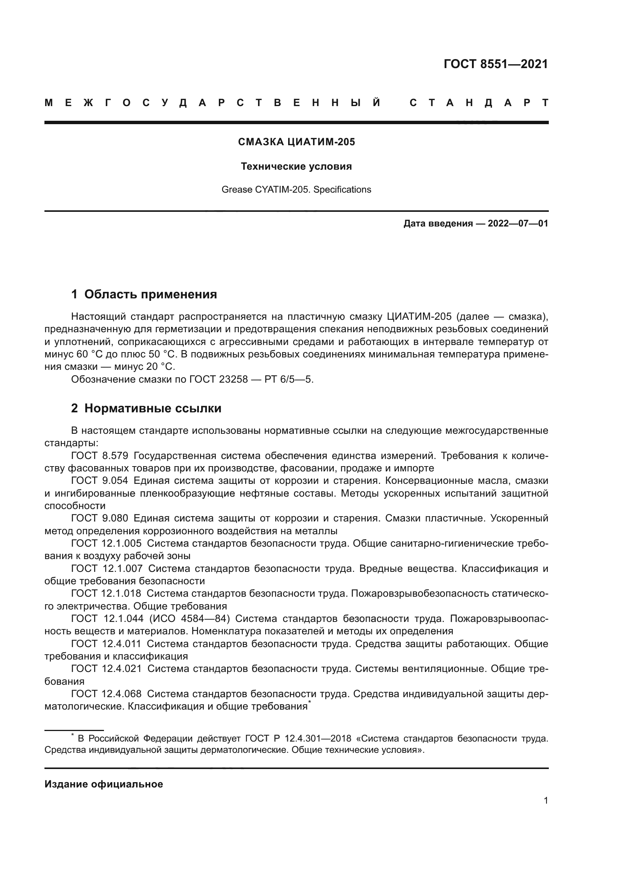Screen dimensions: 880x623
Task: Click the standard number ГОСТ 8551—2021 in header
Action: (496, 64)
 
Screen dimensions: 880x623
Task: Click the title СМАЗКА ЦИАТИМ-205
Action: (296, 142)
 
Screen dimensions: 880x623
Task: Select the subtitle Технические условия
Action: (296, 166)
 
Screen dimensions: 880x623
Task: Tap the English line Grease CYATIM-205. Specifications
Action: (296, 190)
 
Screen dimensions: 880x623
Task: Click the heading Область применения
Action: (150, 294)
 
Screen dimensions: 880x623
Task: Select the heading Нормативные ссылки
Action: (153, 408)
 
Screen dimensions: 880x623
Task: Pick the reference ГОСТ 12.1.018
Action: (106, 593)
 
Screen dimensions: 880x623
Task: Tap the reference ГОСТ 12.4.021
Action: (106, 669)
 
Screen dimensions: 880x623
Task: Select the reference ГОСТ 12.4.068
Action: (106, 694)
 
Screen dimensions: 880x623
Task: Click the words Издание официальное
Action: (104, 784)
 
